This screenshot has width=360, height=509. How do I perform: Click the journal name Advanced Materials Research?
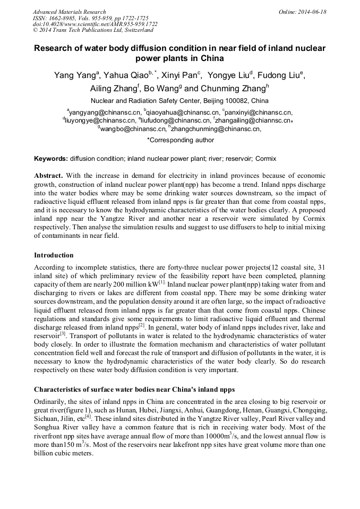pos(69,12)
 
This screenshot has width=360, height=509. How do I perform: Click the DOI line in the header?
pos(95,24)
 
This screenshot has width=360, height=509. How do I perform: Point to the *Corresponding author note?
pos(180,141)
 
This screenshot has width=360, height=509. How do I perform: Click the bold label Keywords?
pos(50,159)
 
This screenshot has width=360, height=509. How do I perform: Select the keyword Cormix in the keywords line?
pos(265,159)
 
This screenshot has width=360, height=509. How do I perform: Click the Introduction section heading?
pos(54,255)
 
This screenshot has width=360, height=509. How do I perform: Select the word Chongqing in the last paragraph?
pos(307,410)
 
